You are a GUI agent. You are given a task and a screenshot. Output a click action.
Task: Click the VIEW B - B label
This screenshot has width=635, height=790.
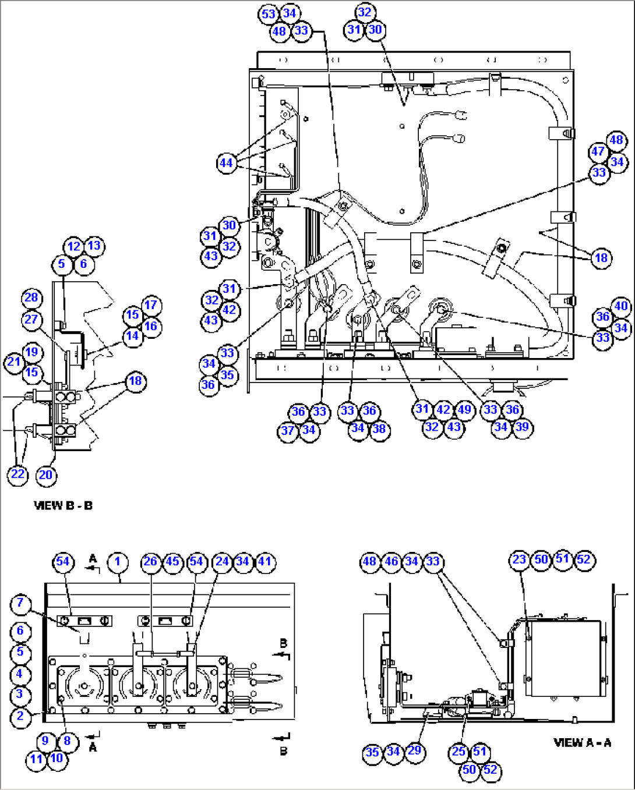[63, 505]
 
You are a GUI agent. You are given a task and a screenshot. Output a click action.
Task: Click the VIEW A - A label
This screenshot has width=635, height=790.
[582, 742]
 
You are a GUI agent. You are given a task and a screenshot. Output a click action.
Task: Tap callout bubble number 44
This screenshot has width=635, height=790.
[227, 163]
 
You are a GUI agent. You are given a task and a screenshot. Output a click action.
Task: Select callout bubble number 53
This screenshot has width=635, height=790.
[268, 14]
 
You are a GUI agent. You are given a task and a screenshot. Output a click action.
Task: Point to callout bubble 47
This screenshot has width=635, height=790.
[598, 152]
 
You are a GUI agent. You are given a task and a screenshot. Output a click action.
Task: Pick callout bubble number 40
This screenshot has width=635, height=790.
[621, 306]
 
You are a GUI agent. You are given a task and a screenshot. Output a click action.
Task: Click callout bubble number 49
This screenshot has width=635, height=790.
[464, 409]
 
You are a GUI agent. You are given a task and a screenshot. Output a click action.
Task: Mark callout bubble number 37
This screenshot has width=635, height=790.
[288, 431]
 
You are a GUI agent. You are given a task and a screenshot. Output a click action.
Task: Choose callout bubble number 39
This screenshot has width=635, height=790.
[522, 427]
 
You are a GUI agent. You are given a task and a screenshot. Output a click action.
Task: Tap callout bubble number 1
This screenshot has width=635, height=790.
[118, 562]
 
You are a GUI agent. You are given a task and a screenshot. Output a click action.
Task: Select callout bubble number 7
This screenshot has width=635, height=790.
[20, 603]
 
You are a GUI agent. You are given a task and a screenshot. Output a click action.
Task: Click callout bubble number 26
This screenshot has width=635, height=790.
[151, 562]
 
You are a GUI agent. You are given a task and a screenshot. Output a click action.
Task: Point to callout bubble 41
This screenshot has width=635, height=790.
[264, 562]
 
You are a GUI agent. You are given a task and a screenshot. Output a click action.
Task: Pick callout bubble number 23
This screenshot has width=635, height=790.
[519, 560]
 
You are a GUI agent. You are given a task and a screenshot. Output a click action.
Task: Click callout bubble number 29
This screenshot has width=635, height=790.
[414, 751]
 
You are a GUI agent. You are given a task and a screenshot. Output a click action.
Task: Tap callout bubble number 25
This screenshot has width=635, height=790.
[458, 752]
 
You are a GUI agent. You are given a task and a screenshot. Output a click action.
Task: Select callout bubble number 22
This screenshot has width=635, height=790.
[18, 474]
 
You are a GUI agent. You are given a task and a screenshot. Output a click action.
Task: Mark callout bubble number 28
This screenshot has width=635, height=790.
[31, 298]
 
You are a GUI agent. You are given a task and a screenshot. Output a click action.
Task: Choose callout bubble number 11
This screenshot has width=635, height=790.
[36, 759]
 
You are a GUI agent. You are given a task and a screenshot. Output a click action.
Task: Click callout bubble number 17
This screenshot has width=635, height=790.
[151, 305]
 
